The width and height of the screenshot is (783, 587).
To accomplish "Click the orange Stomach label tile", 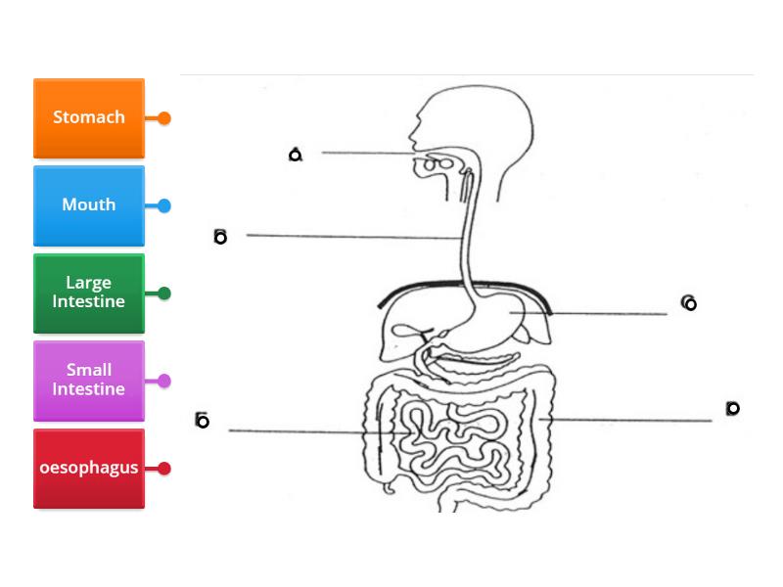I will (88, 117).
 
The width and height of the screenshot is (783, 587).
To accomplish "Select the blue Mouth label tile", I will (88, 205).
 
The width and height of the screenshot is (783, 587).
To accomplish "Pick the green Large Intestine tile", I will (88, 293).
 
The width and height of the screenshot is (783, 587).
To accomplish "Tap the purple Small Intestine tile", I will (88, 380).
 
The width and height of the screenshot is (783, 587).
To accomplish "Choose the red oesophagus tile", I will (88, 468).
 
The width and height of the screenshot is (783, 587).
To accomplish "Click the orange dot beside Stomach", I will (164, 118).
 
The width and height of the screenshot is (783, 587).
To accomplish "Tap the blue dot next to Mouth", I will (164, 205).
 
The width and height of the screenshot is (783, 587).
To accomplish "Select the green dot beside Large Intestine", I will (164, 293).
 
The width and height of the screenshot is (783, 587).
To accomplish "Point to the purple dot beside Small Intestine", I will (164, 381).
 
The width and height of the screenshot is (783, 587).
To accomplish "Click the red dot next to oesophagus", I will (164, 469).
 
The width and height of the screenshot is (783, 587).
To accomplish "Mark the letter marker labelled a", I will (296, 155).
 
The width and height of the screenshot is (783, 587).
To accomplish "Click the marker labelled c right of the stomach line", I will (689, 303).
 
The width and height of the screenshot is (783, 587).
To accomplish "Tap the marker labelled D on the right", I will (732, 409).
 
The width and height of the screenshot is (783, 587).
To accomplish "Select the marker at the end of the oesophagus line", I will (220, 237).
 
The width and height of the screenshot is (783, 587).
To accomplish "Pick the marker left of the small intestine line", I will (202, 421).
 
